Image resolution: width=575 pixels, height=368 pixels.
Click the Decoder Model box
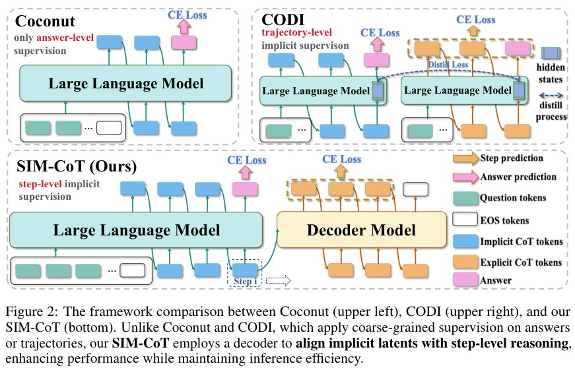pos(361,230)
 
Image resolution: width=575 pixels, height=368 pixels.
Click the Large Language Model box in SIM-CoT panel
pos(137,230)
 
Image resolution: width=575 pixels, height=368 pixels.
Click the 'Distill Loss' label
pos(448,64)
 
